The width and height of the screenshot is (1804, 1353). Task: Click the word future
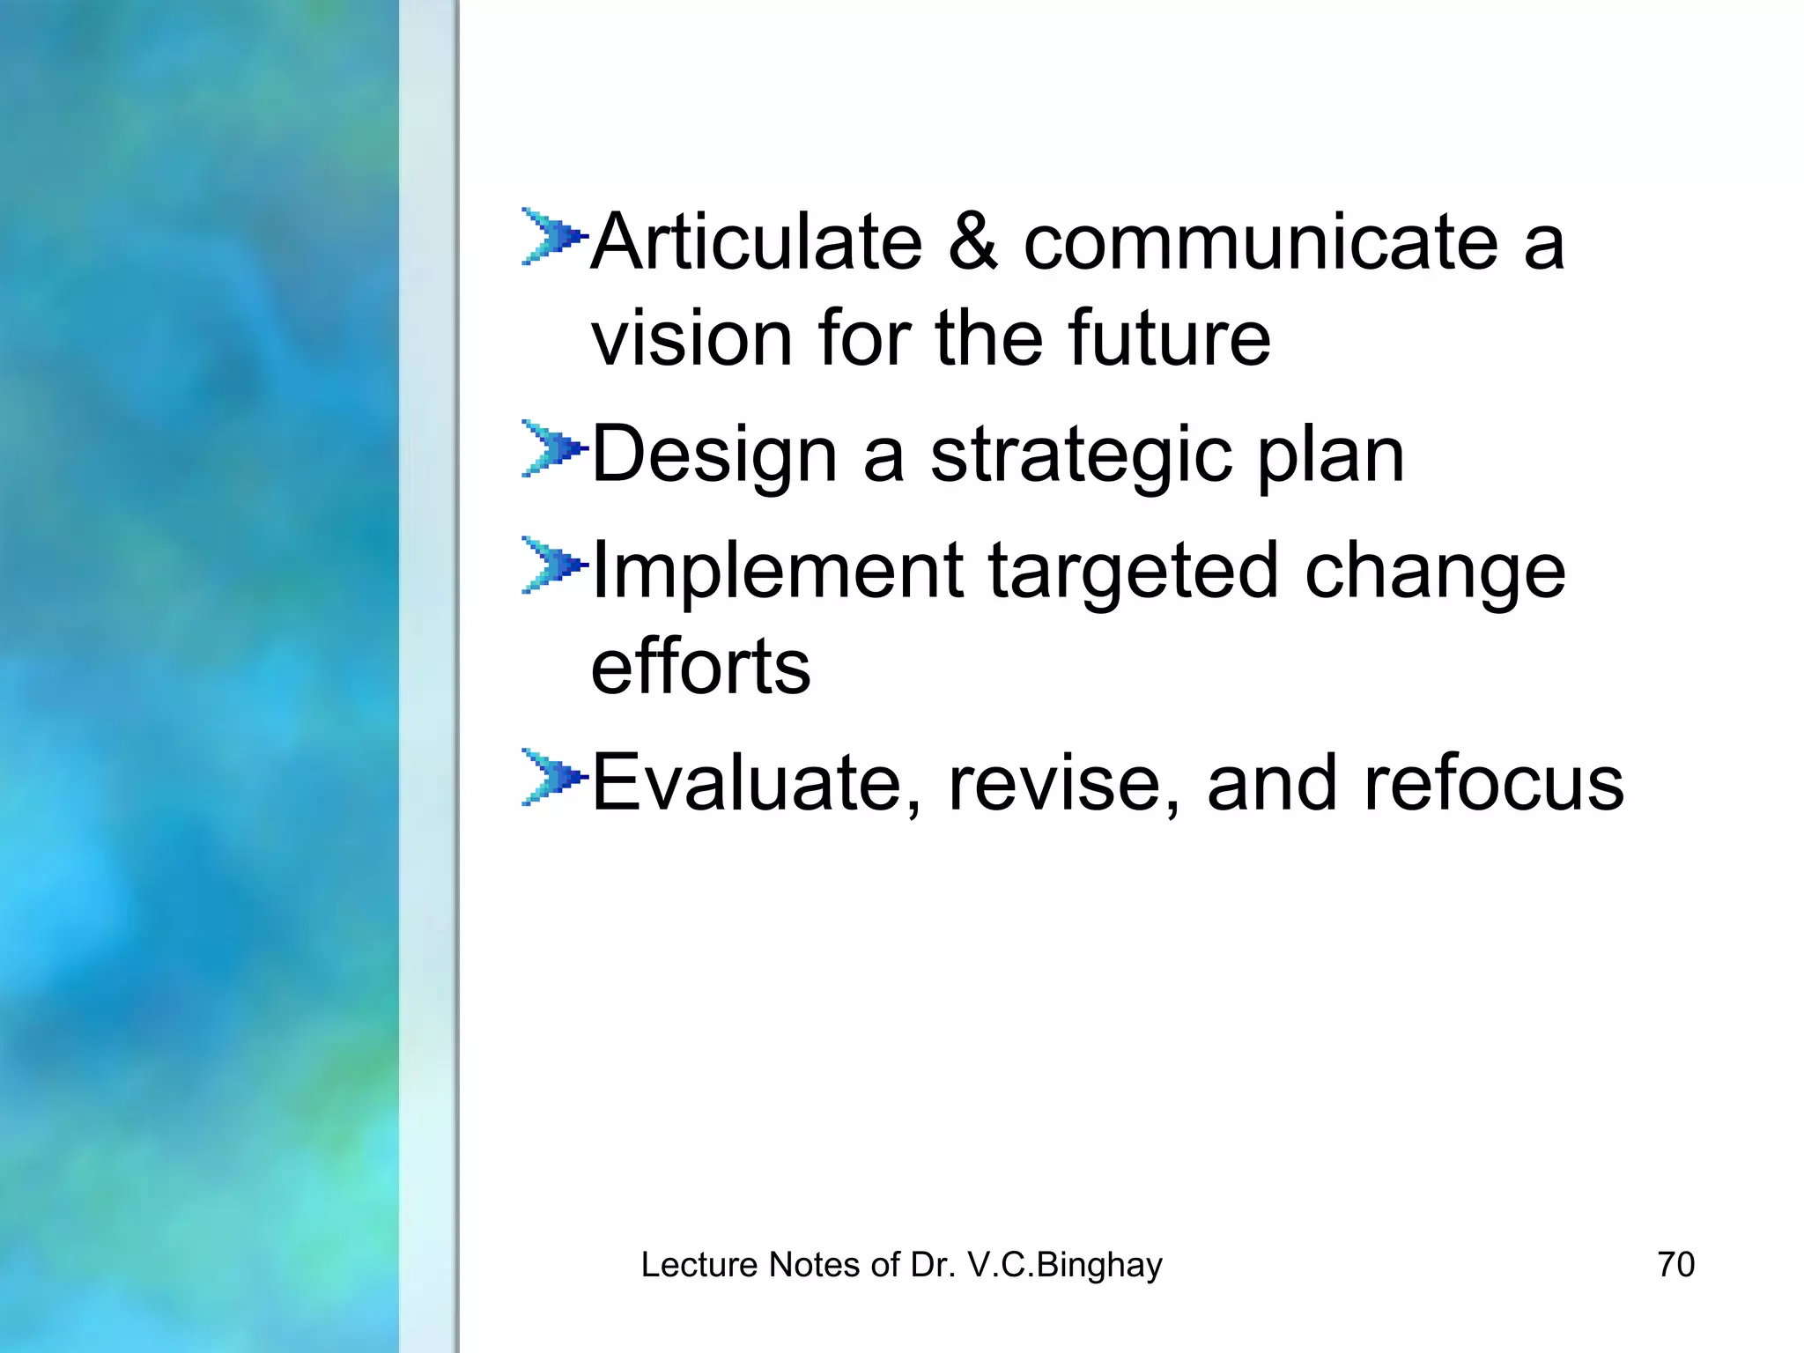(x=1169, y=337)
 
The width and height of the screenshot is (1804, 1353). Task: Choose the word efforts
(x=700, y=666)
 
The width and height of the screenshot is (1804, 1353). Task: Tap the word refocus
(x=1493, y=782)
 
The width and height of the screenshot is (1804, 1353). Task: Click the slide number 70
(x=1675, y=1264)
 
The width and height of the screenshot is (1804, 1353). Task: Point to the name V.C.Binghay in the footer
(x=1065, y=1265)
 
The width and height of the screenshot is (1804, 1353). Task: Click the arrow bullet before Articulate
(x=552, y=236)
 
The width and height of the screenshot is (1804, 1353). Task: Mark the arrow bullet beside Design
(x=552, y=448)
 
